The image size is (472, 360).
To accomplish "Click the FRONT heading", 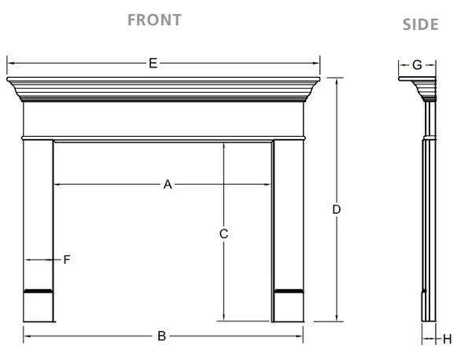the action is (x=154, y=20).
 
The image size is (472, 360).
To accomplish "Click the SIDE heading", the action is (x=421, y=24).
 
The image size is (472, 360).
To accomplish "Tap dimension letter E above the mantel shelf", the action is (x=153, y=64).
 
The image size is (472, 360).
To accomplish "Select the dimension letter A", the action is (x=168, y=185).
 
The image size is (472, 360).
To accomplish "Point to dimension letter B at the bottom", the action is (x=161, y=336).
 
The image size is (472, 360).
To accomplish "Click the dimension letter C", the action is (x=223, y=233).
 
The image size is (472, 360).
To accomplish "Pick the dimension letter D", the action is (x=336, y=209).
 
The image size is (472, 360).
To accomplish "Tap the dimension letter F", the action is (x=67, y=259).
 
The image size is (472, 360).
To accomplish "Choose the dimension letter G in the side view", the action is (x=417, y=65).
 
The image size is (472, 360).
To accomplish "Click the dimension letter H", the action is (x=448, y=340).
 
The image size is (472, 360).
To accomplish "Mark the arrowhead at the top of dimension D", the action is (x=336, y=81).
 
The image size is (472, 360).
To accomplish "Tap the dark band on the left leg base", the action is (x=39, y=291).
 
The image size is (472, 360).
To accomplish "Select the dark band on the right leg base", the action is (x=289, y=291).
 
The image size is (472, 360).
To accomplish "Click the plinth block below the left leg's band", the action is (x=39, y=307).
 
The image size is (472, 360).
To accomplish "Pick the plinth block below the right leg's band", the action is (x=289, y=307).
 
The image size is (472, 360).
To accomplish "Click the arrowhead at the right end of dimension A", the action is (x=267, y=185).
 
